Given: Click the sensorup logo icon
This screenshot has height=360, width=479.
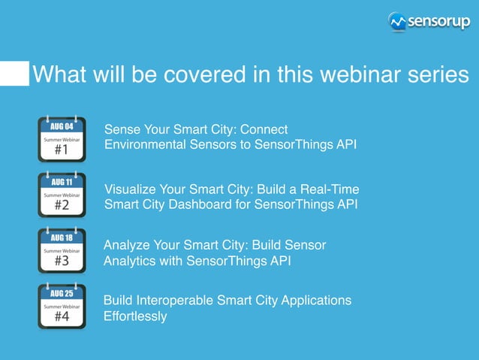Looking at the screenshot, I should point(397,22).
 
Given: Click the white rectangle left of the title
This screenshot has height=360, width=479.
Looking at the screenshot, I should point(14,74).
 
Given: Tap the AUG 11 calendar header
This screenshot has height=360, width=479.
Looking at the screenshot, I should point(62,182).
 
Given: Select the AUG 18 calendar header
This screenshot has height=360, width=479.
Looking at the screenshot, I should point(62,237).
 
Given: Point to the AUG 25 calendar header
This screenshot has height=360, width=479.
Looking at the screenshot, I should point(62,294).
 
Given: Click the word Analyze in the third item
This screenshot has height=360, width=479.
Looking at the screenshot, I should point(126,245).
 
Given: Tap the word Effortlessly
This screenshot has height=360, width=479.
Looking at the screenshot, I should point(135,316).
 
